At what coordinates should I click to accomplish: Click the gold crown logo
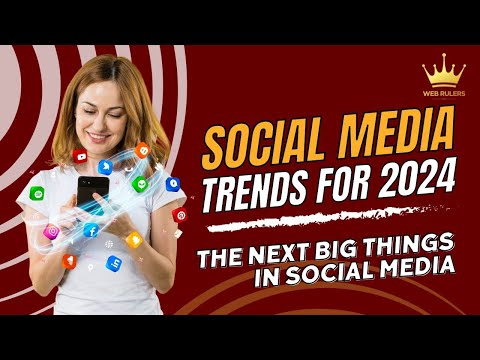(443, 72)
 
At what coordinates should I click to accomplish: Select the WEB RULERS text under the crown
(443, 96)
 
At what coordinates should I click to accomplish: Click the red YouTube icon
(79, 155)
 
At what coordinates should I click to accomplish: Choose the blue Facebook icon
(92, 231)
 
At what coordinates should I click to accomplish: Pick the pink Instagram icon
(51, 232)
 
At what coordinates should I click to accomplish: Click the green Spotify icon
(37, 193)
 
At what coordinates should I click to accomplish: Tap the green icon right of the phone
(140, 184)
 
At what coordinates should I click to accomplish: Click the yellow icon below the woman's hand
(134, 239)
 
